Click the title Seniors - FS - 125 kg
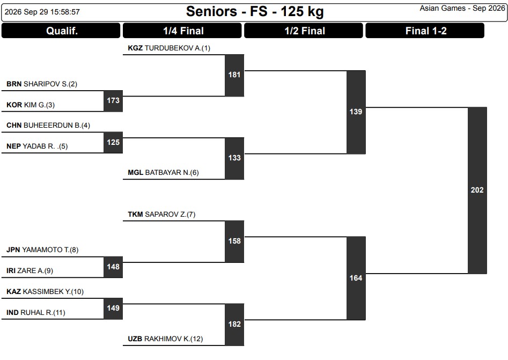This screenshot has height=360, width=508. click(x=255, y=12)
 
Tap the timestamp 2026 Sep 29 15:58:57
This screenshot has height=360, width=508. click(x=42, y=12)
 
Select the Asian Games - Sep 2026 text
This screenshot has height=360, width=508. click(x=462, y=9)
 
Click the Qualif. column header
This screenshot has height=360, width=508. click(x=61, y=31)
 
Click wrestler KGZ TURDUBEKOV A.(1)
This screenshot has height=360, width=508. click(x=169, y=48)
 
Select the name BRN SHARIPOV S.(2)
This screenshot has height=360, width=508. click(x=42, y=84)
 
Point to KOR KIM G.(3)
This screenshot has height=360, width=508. click(x=31, y=105)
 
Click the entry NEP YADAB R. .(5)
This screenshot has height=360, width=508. click(x=37, y=146)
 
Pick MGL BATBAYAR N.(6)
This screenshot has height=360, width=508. click(x=163, y=172)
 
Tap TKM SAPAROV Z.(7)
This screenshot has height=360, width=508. click(x=161, y=214)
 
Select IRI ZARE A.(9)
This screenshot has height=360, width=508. click(x=30, y=270)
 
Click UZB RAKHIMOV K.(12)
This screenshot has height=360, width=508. click(x=165, y=339)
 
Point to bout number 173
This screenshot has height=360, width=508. click(x=113, y=101)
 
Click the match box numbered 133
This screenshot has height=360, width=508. click(x=234, y=158)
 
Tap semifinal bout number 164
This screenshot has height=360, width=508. click(x=356, y=278)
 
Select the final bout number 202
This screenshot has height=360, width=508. click(x=477, y=190)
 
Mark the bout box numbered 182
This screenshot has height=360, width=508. click(x=234, y=325)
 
